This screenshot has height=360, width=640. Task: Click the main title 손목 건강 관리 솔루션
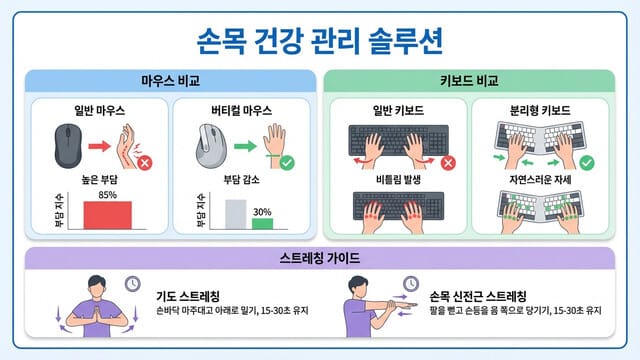tap(319, 41)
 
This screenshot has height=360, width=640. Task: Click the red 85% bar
tap(106, 214)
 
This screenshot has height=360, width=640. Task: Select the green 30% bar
tap(262, 221)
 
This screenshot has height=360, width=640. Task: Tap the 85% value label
tap(107, 194)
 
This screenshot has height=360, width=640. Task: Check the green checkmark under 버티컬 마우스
tap(287, 161)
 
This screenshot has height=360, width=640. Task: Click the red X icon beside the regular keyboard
tap(448, 162)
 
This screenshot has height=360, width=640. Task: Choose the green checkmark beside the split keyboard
tap(587, 161)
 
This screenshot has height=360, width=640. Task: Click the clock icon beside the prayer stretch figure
tap(131, 283)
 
